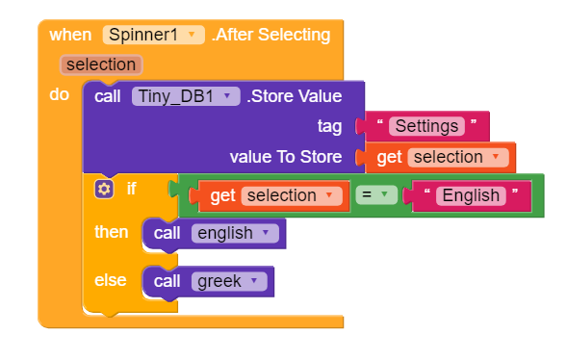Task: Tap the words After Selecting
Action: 271,35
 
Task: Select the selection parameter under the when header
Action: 101,64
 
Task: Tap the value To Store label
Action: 286,157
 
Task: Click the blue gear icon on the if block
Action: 104,189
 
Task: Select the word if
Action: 131,189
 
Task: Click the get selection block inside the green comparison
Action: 275,195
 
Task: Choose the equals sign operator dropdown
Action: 375,195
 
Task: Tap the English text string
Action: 469,195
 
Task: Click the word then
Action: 111,232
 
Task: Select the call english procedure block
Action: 215,233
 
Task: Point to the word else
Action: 111,280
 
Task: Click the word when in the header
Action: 70,35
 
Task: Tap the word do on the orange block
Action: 59,95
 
